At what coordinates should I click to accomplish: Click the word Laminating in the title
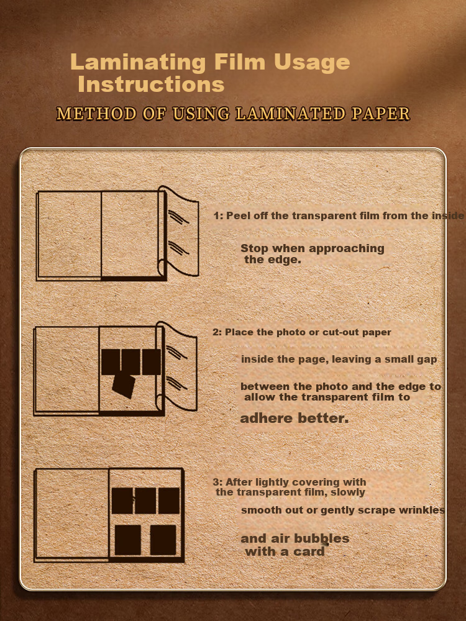[138, 63]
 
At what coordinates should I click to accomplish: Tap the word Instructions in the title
[152, 84]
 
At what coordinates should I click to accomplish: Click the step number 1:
[218, 216]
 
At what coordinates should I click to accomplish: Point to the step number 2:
[217, 332]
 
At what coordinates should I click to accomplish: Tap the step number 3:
[217, 483]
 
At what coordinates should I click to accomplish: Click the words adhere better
[295, 418]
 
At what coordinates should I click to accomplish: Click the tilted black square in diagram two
[124, 386]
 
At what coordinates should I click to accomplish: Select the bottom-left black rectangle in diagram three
[127, 540]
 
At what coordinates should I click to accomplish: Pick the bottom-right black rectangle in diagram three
[163, 540]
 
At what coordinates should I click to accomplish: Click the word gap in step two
[427, 360]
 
